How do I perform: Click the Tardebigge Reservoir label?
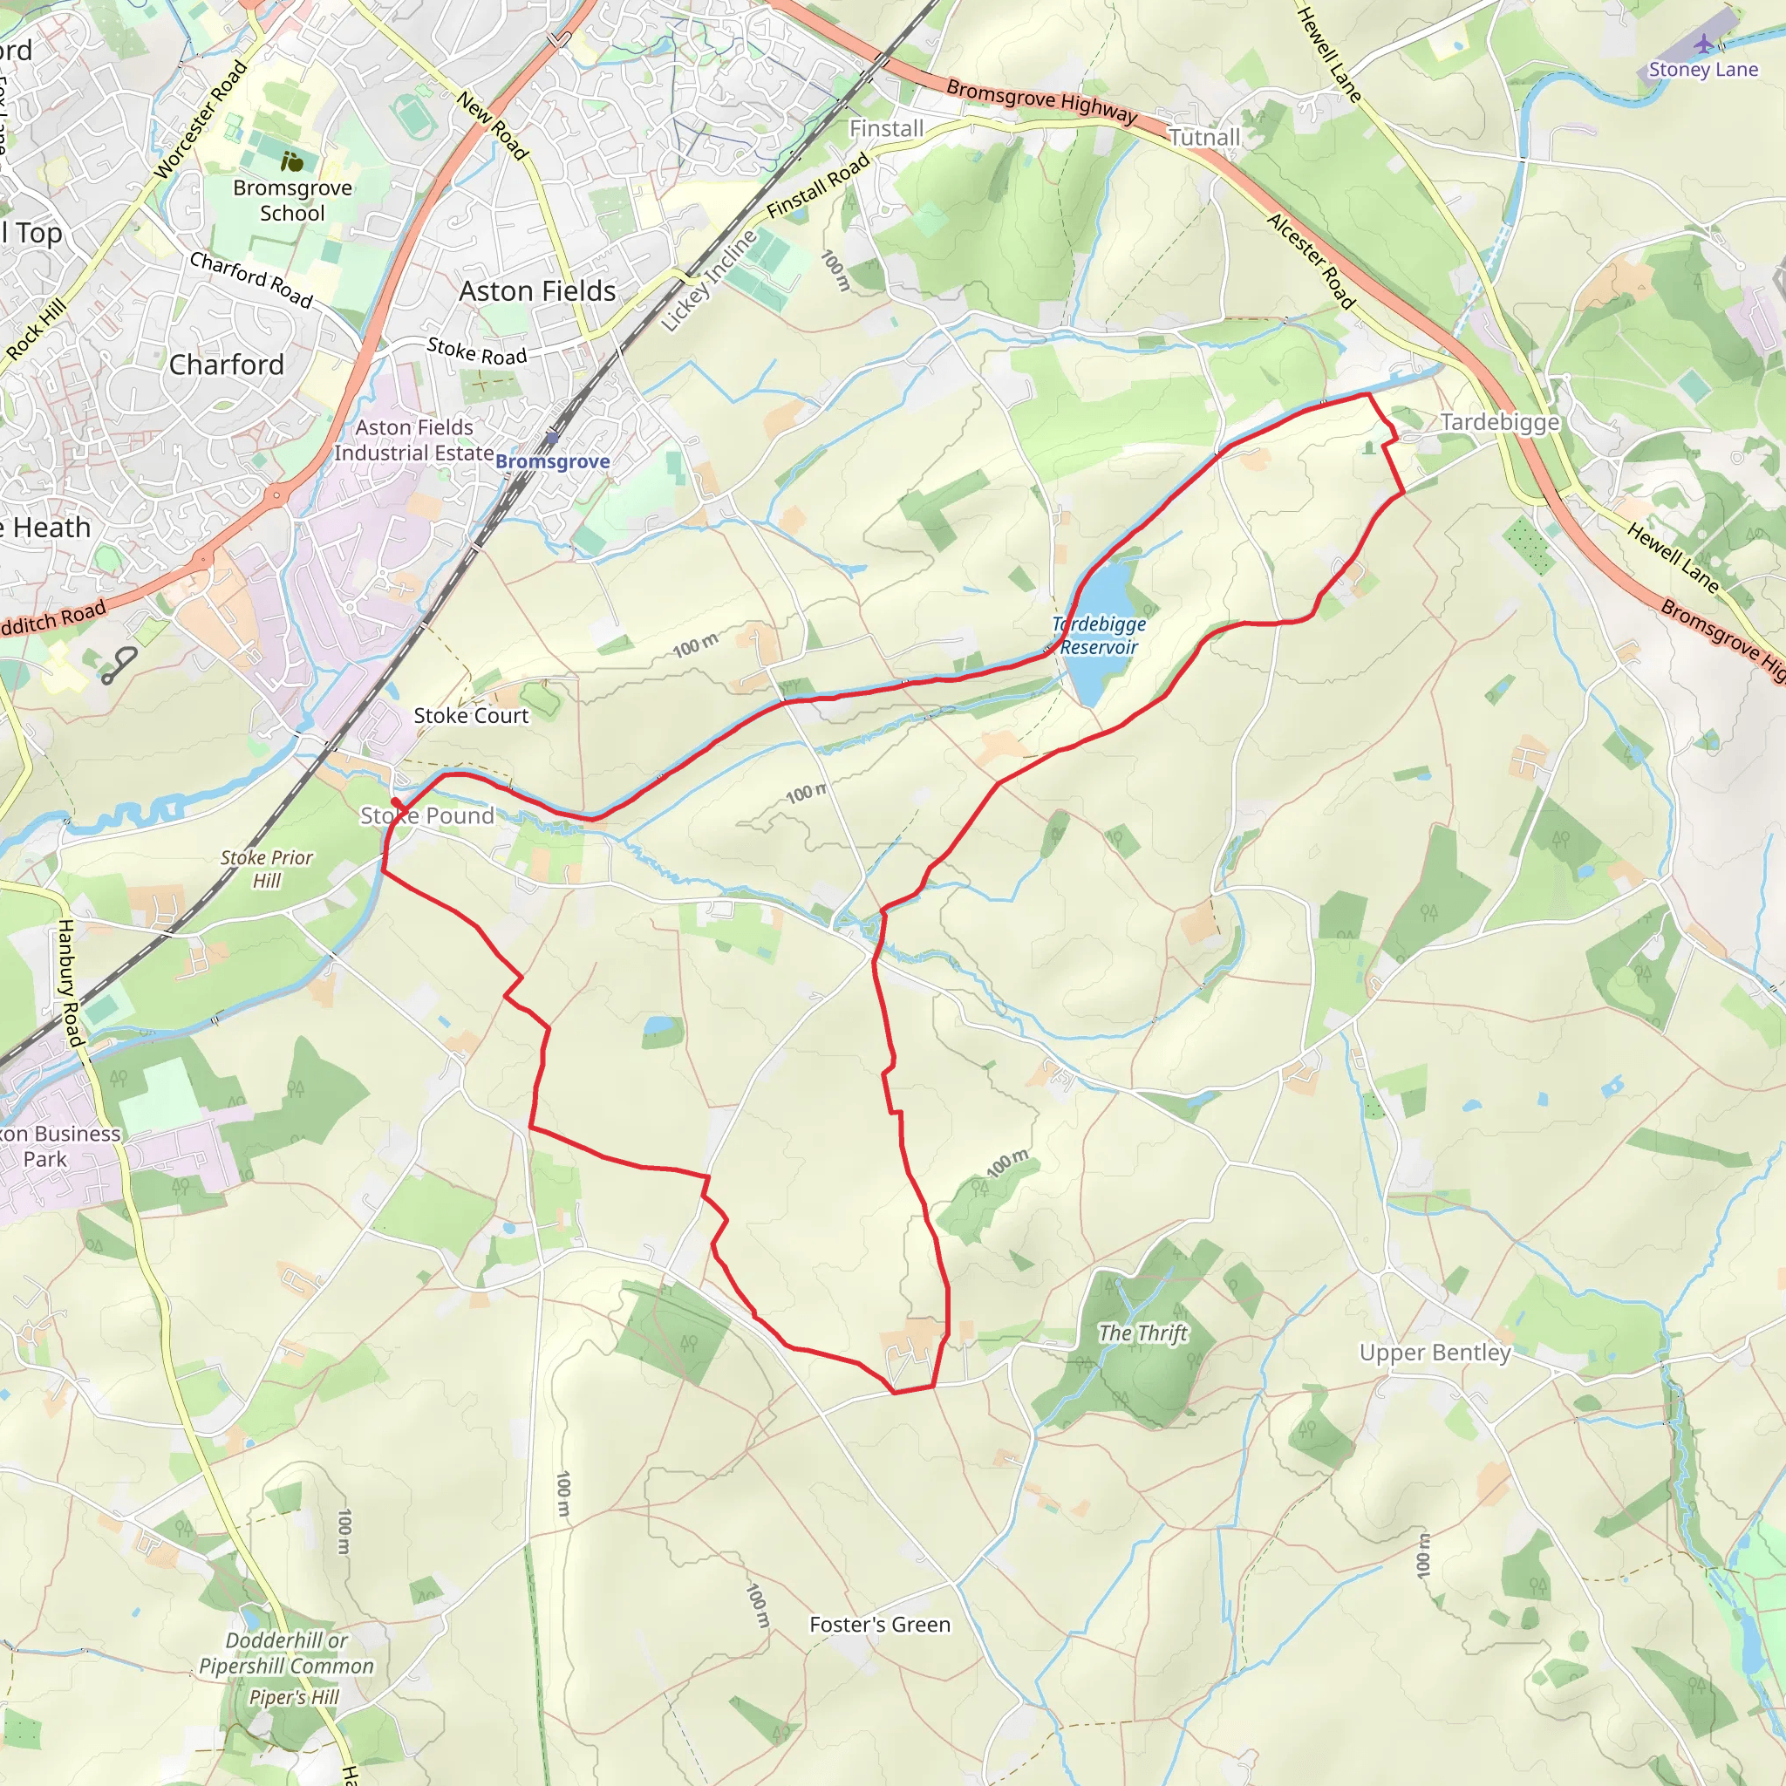click(1098, 636)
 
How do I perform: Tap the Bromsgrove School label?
click(292, 201)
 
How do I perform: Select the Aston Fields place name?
click(537, 291)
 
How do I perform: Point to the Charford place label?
click(227, 365)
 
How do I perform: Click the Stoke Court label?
click(471, 715)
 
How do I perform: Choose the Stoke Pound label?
click(427, 815)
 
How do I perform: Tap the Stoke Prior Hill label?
click(266, 869)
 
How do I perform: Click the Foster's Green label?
click(879, 1624)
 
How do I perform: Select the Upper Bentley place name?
click(1435, 1353)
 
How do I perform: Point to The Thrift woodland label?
click(1142, 1333)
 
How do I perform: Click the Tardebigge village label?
click(1499, 422)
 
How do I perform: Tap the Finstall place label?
click(887, 128)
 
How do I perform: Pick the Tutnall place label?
click(1203, 138)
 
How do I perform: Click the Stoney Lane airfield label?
click(1703, 70)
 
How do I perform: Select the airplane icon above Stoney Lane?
click(1704, 44)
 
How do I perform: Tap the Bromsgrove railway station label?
click(553, 461)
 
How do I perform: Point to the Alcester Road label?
click(1311, 262)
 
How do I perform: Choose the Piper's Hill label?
click(294, 1697)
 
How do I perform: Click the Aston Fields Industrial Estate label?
click(414, 440)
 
